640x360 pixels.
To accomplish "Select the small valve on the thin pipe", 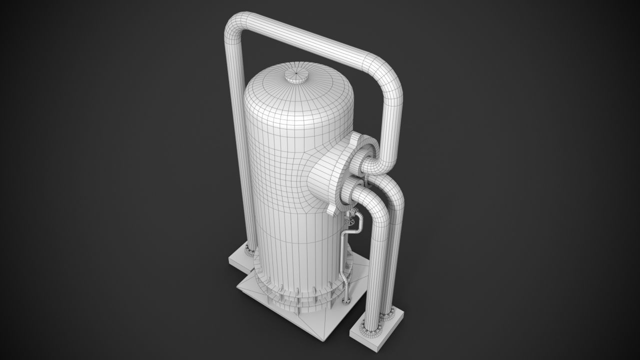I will click(351, 219).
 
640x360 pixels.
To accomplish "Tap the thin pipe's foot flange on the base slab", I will click(345, 299).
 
